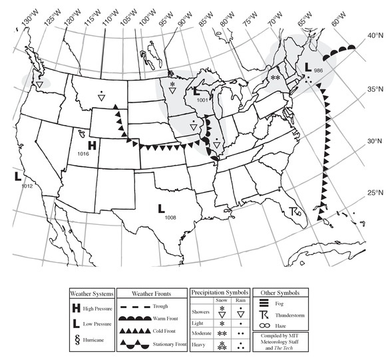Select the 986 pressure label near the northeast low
[x=318, y=71]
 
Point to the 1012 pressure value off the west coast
[x=27, y=186]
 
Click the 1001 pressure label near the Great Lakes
[x=204, y=100]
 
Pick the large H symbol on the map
[x=93, y=144]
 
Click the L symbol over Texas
[x=162, y=208]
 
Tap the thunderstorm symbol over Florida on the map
[x=295, y=212]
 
